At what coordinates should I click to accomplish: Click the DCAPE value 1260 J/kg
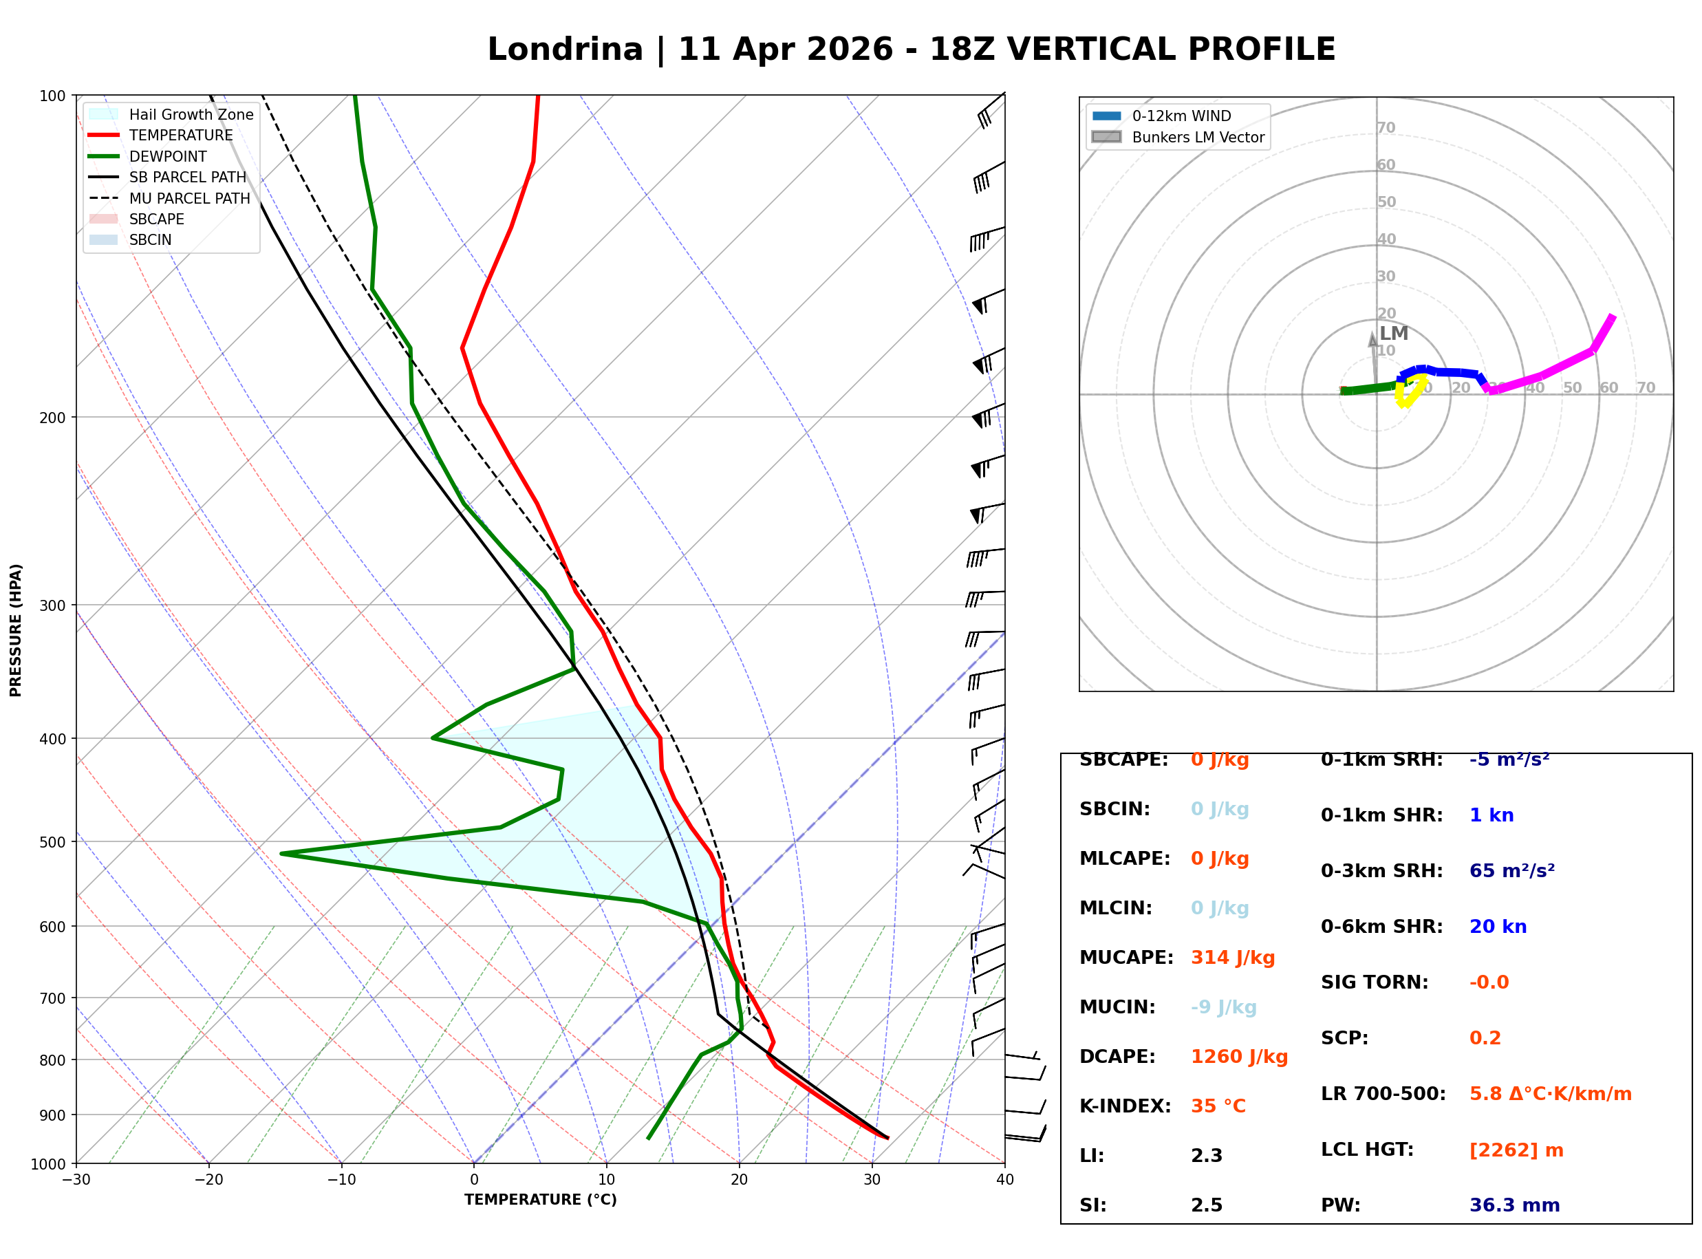coord(1239,1057)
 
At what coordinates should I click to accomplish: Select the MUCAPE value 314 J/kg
coord(1232,958)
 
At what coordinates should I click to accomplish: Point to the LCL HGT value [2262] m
coord(1516,1150)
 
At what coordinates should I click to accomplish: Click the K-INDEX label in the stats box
coord(1125,1106)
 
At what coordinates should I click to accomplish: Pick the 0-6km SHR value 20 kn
coord(1498,927)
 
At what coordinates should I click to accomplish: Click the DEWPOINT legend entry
coord(168,156)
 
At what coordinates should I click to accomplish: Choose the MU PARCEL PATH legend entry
coord(189,198)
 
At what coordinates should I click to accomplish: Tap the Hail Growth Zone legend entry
coord(191,114)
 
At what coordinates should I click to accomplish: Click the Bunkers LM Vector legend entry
coord(1198,137)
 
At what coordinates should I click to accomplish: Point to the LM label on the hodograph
coord(1393,334)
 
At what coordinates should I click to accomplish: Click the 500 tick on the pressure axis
coord(52,842)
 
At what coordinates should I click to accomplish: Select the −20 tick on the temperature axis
coord(208,1180)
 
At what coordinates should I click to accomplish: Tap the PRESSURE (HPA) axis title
coord(16,630)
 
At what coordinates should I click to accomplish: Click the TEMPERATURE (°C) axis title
coord(540,1200)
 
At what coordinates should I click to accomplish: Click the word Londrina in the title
coord(565,50)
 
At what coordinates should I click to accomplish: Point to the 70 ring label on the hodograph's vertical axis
coord(1386,128)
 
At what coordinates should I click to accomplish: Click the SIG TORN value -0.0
coord(1489,982)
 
